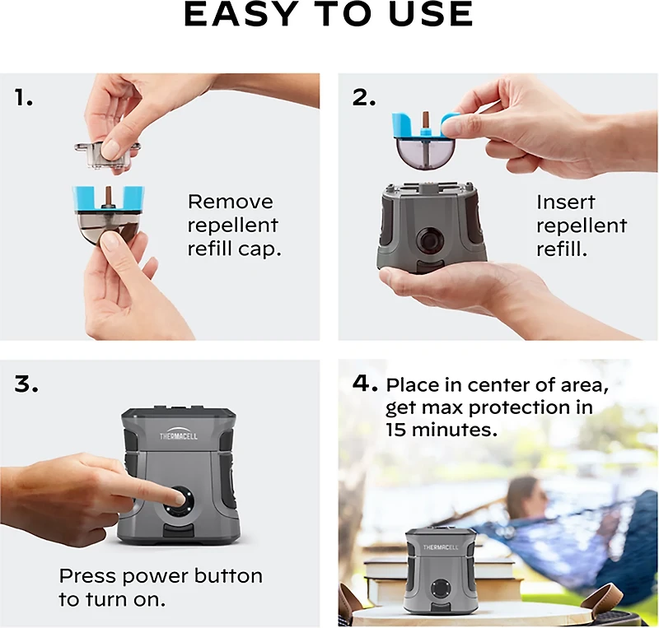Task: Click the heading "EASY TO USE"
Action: click(x=329, y=15)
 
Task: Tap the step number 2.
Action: click(x=364, y=98)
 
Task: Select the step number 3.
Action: click(x=26, y=384)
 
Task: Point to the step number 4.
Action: click(x=364, y=384)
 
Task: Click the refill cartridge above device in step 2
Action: click(x=424, y=141)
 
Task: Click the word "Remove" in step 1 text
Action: click(x=230, y=202)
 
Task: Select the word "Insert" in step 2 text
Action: click(x=566, y=202)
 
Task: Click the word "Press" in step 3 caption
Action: click(x=88, y=575)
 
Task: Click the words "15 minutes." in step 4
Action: click(x=441, y=430)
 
